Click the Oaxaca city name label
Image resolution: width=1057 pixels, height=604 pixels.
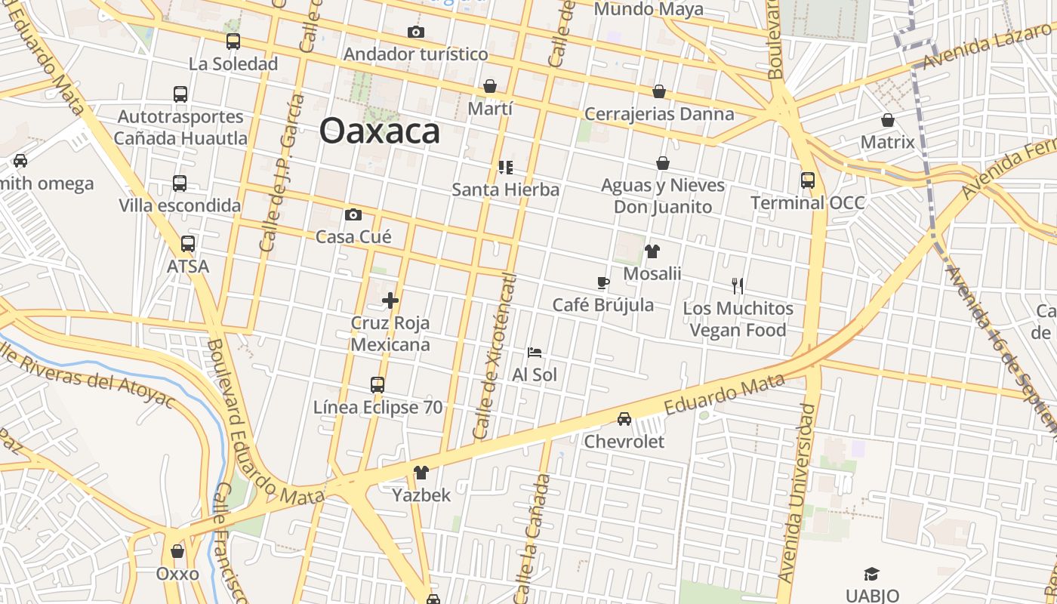pyautogui.click(x=379, y=131)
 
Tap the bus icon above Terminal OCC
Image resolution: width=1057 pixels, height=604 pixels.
pyautogui.click(x=808, y=180)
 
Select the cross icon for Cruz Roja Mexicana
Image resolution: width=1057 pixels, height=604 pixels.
pyautogui.click(x=390, y=300)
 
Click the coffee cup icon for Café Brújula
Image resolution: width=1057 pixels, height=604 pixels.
pyautogui.click(x=602, y=283)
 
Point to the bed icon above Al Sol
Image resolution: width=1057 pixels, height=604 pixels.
pyautogui.click(x=535, y=353)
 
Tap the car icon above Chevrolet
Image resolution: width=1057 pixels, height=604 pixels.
pyautogui.click(x=624, y=419)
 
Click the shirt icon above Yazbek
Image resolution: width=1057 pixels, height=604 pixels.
pyautogui.click(x=421, y=473)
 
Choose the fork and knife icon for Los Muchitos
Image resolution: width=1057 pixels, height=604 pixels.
pyautogui.click(x=738, y=286)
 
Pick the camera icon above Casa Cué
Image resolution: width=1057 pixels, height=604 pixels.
pyautogui.click(x=353, y=215)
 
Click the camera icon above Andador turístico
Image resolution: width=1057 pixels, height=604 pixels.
pyautogui.click(x=416, y=32)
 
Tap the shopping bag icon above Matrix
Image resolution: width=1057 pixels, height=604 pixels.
pyautogui.click(x=888, y=120)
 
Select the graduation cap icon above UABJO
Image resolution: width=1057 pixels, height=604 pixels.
pyautogui.click(x=872, y=574)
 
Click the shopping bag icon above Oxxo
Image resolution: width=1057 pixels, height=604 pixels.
pyautogui.click(x=177, y=552)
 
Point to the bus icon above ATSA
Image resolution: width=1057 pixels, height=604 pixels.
pyautogui.click(x=188, y=244)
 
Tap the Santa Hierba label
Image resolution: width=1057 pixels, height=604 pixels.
pyautogui.click(x=505, y=189)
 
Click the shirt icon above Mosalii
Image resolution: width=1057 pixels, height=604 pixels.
pyautogui.click(x=652, y=251)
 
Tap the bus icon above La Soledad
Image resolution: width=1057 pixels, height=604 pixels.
pyautogui.click(x=233, y=42)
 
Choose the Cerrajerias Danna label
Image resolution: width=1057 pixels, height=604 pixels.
pyautogui.click(x=659, y=114)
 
